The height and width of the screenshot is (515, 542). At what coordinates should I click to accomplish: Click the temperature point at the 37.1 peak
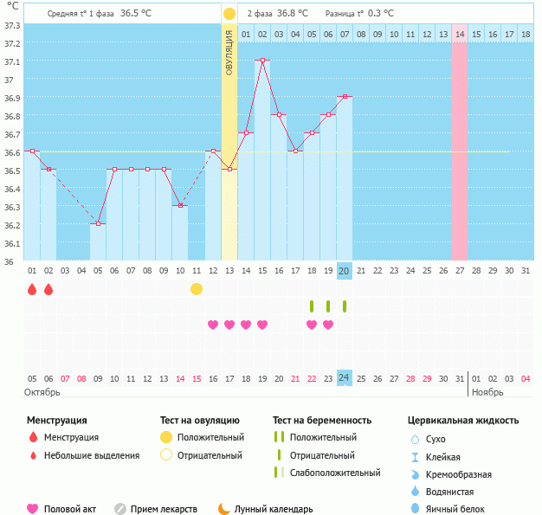pyautogui.click(x=262, y=61)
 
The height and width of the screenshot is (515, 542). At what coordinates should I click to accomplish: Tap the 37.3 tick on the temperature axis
pyautogui.click(x=13, y=25)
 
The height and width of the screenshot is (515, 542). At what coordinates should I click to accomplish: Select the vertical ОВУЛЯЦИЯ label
pyautogui.click(x=229, y=52)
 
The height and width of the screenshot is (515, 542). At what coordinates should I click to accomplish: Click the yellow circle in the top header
pyautogui.click(x=229, y=14)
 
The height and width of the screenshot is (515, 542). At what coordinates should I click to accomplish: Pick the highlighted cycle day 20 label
pyautogui.click(x=344, y=271)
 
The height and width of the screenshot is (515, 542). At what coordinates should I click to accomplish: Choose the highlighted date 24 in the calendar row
pyautogui.click(x=344, y=377)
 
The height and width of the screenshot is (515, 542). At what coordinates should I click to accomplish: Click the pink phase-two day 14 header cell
pyautogui.click(x=459, y=34)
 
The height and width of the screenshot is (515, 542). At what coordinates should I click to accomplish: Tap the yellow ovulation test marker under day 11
pyautogui.click(x=197, y=288)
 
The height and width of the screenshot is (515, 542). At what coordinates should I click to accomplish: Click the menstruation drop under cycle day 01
pyautogui.click(x=32, y=289)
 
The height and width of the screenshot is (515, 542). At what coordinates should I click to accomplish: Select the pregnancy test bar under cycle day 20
pyautogui.click(x=345, y=306)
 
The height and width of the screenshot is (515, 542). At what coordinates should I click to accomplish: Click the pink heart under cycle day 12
pyautogui.click(x=213, y=325)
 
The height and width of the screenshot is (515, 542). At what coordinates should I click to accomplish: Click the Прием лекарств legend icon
pyautogui.click(x=120, y=509)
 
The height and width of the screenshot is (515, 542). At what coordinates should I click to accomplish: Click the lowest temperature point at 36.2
pyautogui.click(x=98, y=223)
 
